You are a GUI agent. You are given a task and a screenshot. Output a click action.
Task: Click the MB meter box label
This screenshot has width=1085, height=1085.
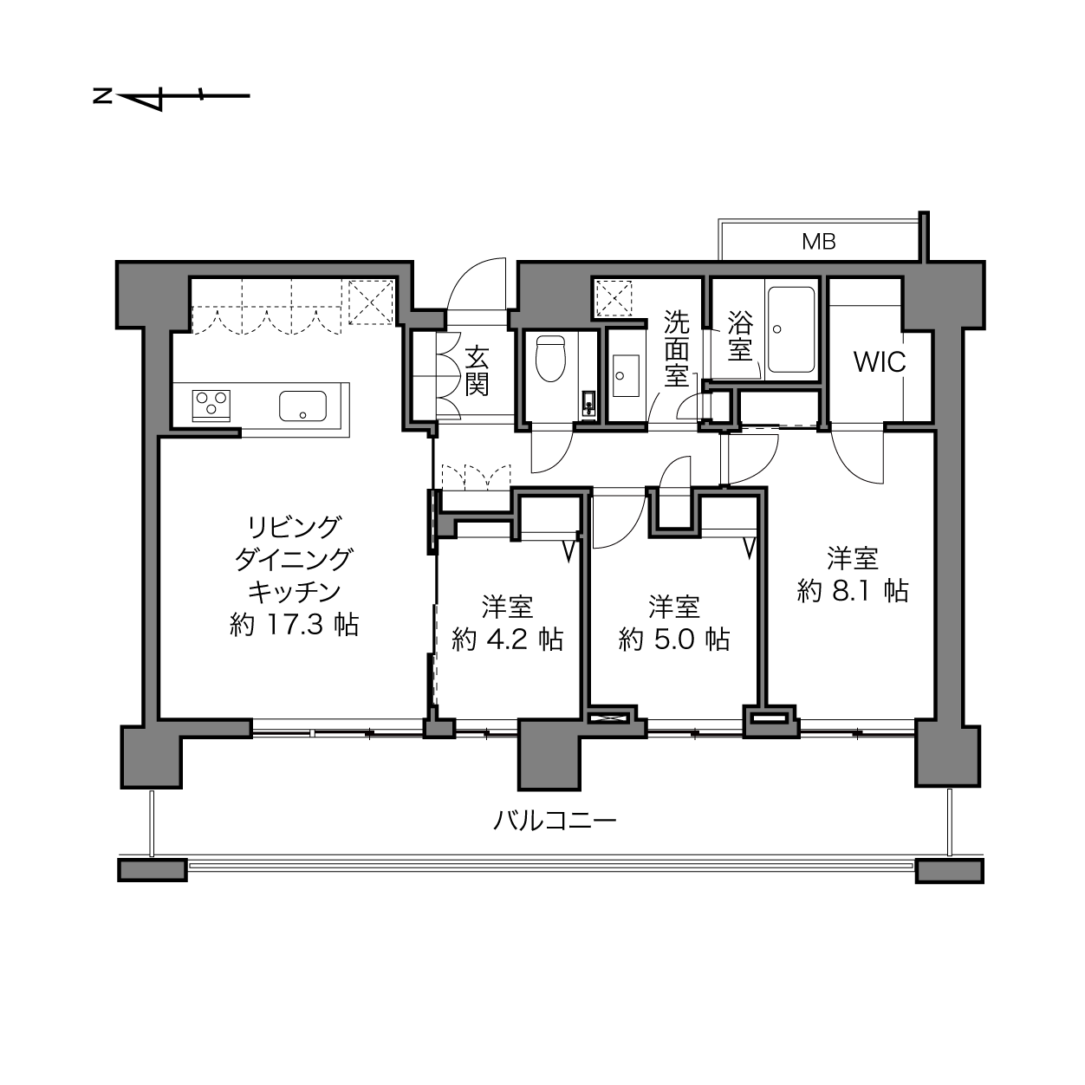(x=819, y=242)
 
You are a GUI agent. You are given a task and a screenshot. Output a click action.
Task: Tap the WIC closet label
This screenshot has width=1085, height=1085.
(x=880, y=362)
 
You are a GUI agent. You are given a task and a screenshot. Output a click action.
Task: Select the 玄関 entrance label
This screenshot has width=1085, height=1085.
(x=477, y=371)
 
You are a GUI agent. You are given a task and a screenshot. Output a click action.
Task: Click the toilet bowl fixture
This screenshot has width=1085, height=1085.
(x=550, y=359)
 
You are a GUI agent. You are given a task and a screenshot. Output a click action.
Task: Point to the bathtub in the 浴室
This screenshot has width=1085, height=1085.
(x=791, y=330)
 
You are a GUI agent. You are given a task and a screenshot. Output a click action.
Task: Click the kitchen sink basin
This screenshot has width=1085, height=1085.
(x=303, y=406)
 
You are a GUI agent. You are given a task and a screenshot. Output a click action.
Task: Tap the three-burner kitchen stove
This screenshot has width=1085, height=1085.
(x=211, y=406)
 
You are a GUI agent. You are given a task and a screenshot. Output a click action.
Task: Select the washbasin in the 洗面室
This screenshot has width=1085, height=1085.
(x=625, y=375)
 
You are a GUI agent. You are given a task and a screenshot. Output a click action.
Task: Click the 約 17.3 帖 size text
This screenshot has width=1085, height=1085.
(x=294, y=625)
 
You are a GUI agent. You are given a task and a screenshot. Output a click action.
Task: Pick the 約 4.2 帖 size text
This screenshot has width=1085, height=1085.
(x=507, y=640)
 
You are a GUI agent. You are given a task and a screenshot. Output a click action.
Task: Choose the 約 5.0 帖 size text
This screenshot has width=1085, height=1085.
(x=674, y=640)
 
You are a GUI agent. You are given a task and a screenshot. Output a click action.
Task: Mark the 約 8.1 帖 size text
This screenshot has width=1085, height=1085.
(x=853, y=591)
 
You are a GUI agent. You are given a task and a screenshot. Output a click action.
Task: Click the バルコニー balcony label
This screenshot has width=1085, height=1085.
(x=555, y=822)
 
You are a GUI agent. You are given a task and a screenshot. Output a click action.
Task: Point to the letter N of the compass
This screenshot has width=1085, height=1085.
(x=102, y=97)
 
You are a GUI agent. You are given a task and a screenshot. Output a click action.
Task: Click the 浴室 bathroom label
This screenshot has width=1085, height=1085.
(x=740, y=335)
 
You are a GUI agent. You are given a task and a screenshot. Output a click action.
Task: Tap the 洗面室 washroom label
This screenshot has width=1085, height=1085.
(x=676, y=348)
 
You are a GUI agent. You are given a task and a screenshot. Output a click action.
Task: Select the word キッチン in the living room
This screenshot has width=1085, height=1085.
(x=295, y=592)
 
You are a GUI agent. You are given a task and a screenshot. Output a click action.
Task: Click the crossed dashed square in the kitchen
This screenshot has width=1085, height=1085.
(x=371, y=302)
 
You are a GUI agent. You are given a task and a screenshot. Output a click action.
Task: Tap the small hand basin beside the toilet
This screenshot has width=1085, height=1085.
(x=588, y=402)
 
